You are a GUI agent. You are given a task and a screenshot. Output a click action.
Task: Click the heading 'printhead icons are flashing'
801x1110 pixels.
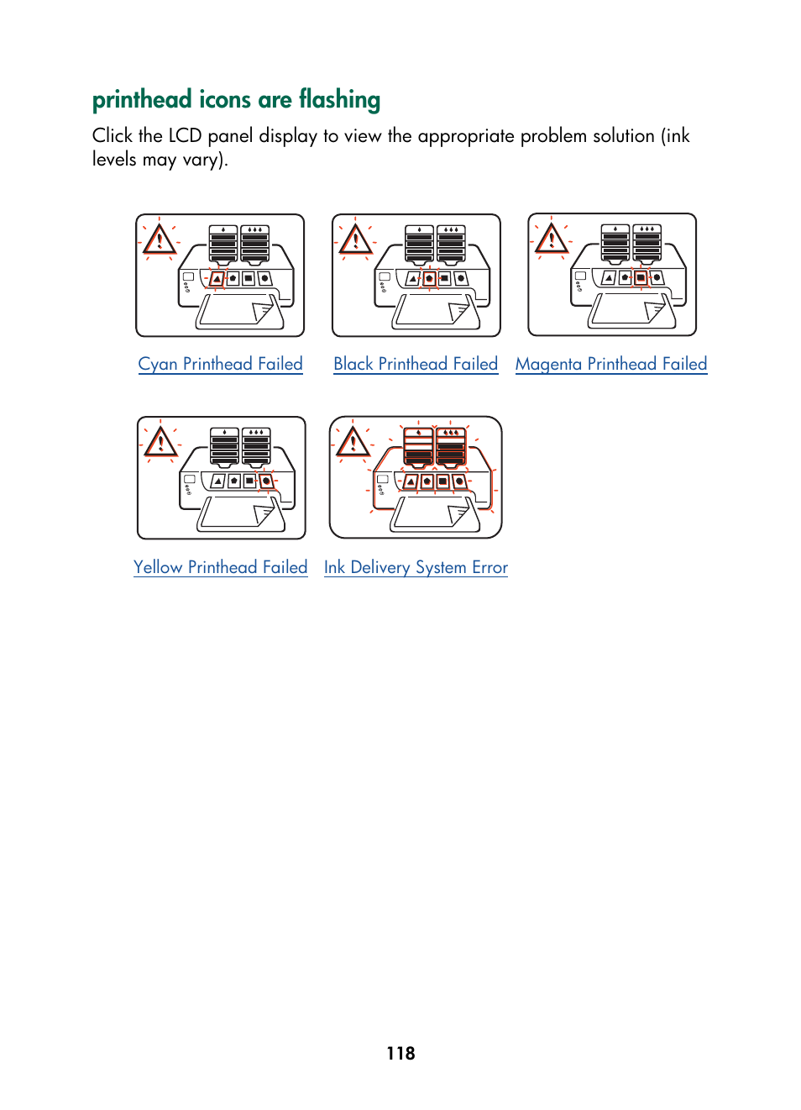click(x=236, y=100)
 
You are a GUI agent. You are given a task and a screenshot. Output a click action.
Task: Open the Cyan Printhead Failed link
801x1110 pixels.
click(x=220, y=364)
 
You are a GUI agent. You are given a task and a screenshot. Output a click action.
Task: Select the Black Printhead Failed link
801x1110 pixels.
click(x=416, y=364)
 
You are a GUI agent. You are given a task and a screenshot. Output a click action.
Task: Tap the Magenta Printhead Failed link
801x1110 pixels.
click(x=611, y=364)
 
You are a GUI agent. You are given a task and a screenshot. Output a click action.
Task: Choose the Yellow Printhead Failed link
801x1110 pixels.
click(x=221, y=567)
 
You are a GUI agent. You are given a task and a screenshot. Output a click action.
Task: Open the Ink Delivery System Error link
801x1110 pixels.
click(x=416, y=567)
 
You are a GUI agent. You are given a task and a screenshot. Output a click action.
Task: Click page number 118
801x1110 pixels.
click(x=400, y=1053)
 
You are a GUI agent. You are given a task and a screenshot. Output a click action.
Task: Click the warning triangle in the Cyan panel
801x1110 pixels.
click(x=159, y=240)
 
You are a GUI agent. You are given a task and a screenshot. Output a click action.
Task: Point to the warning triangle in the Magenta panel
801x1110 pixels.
click(x=551, y=239)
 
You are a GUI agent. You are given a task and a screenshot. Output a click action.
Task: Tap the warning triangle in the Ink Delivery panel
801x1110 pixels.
click(x=353, y=442)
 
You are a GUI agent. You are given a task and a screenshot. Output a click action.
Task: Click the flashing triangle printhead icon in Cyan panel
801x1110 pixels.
click(x=217, y=278)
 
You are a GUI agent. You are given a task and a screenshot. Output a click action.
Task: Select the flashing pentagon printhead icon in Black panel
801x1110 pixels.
click(x=429, y=278)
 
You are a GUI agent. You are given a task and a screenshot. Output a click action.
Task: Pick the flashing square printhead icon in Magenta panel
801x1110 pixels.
click(x=641, y=277)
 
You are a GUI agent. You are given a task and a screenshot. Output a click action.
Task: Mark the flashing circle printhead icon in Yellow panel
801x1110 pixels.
click(x=266, y=481)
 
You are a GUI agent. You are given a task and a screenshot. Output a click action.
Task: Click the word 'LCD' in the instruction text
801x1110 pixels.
click(x=185, y=136)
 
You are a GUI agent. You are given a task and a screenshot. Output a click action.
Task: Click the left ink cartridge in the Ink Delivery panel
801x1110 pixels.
click(x=418, y=446)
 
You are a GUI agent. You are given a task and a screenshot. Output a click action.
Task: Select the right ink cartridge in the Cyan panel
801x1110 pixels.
click(x=254, y=244)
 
